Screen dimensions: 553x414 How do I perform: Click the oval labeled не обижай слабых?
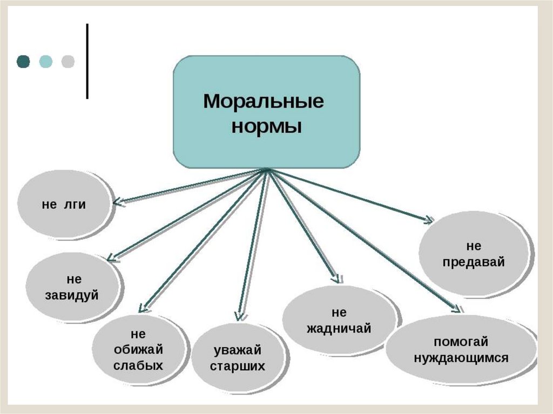138,350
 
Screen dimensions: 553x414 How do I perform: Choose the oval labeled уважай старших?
238,357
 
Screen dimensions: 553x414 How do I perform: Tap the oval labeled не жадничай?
339,321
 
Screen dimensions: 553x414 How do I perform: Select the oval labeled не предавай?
474,254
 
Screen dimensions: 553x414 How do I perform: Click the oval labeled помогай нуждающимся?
461,349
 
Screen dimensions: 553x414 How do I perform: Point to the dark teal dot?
23,61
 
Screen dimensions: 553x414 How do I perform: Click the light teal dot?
46,61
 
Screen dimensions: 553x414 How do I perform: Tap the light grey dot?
68,61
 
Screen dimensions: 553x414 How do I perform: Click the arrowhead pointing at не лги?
119,203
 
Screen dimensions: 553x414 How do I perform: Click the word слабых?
138,365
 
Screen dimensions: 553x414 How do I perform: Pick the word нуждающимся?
461,357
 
